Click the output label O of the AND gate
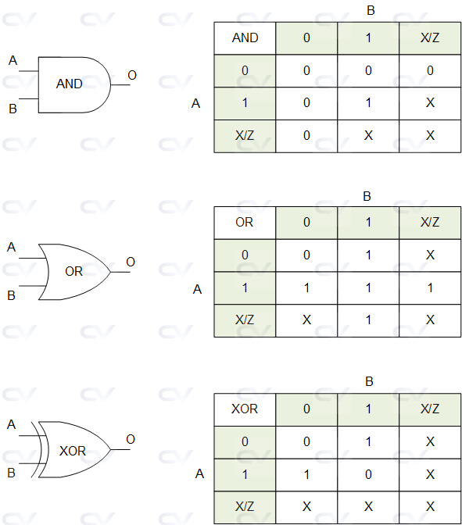tap(132, 75)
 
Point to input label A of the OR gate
tap(12, 247)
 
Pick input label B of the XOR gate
tap(12, 473)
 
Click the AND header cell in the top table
tap(245, 37)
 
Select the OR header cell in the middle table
tap(245, 222)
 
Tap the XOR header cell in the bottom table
tap(245, 409)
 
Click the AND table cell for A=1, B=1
tap(368, 103)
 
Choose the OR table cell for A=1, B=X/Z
tap(430, 288)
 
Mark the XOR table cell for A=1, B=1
tap(368, 474)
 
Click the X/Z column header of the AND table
tap(430, 37)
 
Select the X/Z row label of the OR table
tap(245, 320)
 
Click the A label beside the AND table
tap(196, 102)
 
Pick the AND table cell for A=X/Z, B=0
tap(306, 135)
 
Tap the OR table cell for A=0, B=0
tap(306, 255)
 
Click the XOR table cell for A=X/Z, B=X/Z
tap(430, 506)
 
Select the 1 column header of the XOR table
tap(368, 409)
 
